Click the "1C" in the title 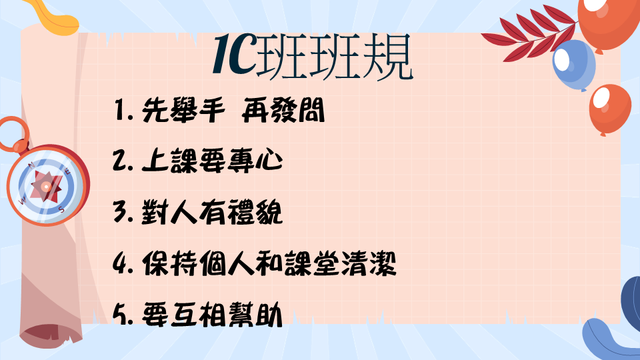pyautogui.click(x=235, y=54)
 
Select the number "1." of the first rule pyautogui.click(x=124, y=110)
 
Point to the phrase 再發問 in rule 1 pyautogui.click(x=283, y=110)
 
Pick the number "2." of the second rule pyautogui.click(x=123, y=161)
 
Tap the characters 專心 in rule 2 pyautogui.click(x=255, y=161)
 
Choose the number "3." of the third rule pyautogui.click(x=123, y=212)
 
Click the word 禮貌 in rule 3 pyautogui.click(x=255, y=212)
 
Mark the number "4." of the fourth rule pyautogui.click(x=123, y=263)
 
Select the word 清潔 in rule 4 pyautogui.click(x=369, y=263)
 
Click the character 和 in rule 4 pyautogui.click(x=269, y=263)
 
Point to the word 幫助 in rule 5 pyautogui.click(x=255, y=314)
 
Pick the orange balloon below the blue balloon pyautogui.click(x=610, y=109)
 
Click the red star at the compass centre pyautogui.click(x=46, y=187)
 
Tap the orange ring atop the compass pyautogui.click(x=13, y=134)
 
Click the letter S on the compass pyautogui.click(x=61, y=209)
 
